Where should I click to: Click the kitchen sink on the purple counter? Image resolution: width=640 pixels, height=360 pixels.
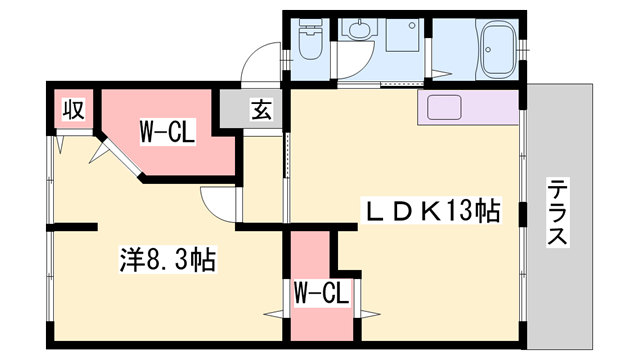tap(444, 106)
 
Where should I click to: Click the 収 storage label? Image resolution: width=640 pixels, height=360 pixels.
tap(73, 108)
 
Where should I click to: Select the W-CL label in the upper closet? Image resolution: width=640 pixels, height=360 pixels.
tap(166, 131)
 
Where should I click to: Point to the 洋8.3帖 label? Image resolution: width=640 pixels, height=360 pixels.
tap(163, 262)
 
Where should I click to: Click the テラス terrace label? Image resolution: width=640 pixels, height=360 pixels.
tap(557, 214)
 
